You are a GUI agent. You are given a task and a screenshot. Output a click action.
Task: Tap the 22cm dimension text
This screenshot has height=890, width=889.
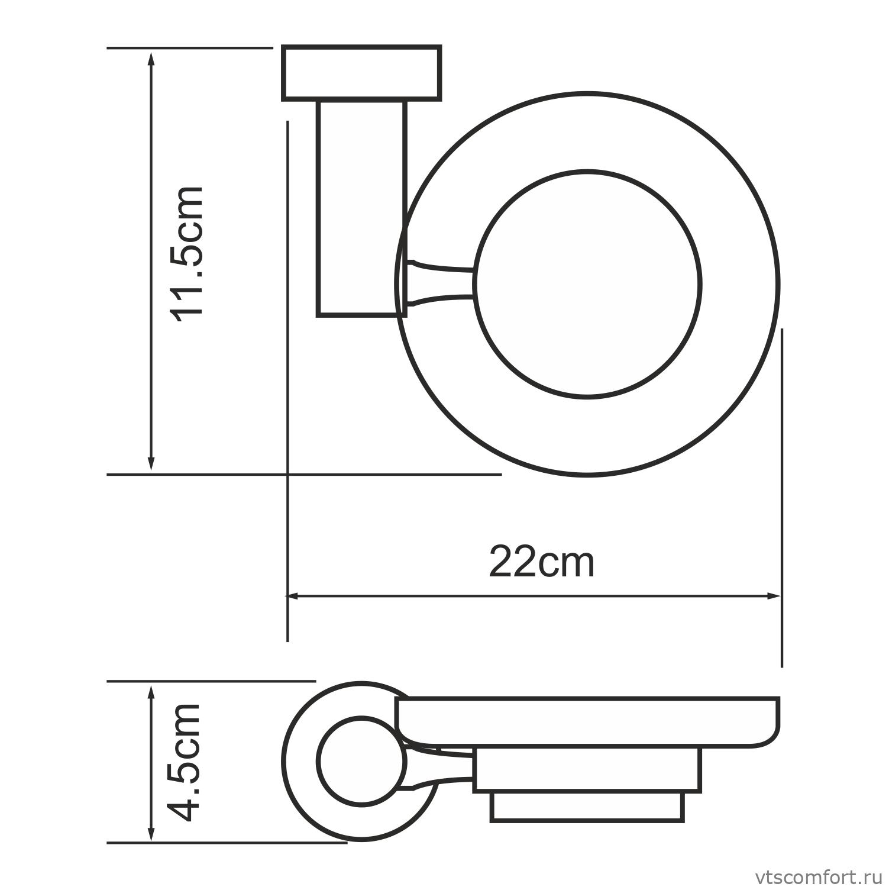tap(541, 563)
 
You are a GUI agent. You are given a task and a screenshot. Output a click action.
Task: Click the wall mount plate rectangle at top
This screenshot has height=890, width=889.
tap(361, 72)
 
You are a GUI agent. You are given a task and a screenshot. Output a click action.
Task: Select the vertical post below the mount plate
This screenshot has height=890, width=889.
tap(361, 207)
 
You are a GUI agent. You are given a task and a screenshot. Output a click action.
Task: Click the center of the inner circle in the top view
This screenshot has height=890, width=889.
tap(587, 285)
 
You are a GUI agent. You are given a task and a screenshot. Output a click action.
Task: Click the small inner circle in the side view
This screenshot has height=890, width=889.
tap(361, 760)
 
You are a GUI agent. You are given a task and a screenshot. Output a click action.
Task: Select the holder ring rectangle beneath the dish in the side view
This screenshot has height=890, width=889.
tap(587, 769)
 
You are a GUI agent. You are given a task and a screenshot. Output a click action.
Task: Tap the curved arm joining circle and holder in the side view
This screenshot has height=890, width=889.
tap(441, 769)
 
